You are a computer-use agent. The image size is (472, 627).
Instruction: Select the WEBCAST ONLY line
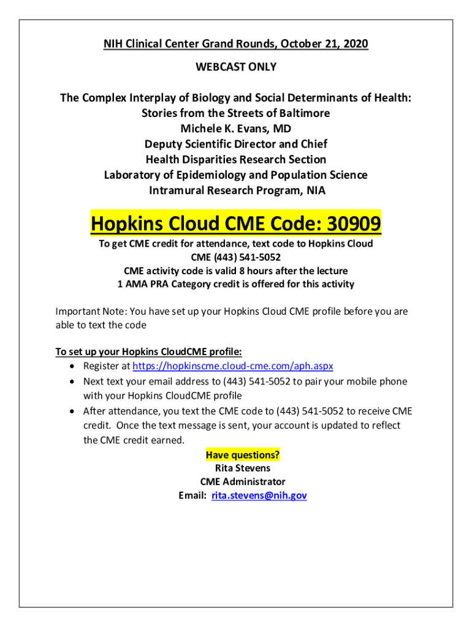[236, 67]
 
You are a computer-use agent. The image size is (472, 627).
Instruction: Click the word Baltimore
[300, 113]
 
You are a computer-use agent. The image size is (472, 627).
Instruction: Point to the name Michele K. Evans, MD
[236, 129]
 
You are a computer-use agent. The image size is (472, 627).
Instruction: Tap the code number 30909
[353, 225]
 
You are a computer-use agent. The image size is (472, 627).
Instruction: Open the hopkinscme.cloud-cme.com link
[233, 366]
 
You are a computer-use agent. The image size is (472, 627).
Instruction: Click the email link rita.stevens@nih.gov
[259, 496]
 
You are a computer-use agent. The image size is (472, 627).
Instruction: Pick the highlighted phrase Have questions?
[243, 455]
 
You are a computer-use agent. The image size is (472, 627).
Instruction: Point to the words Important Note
[86, 312]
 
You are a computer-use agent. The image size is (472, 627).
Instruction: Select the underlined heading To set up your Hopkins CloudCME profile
[149, 352]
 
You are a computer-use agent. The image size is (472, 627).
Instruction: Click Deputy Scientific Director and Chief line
[236, 144]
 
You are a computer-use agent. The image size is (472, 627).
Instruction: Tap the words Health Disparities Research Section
[236, 159]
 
